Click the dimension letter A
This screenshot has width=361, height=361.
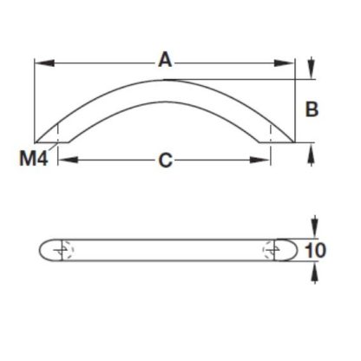pyautogui.click(x=163, y=60)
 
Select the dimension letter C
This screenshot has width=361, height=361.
pyautogui.click(x=163, y=160)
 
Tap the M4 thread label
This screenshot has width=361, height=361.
pyautogui.click(x=30, y=159)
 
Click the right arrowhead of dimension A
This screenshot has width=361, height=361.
pyautogui.click(x=289, y=62)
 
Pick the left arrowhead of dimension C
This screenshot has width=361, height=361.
pyautogui.click(x=66, y=160)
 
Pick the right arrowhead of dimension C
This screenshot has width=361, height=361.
pyautogui.click(x=262, y=160)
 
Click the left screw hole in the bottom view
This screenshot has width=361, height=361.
pyautogui.click(x=60, y=249)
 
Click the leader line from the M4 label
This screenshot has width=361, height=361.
pyautogui.click(x=51, y=150)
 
